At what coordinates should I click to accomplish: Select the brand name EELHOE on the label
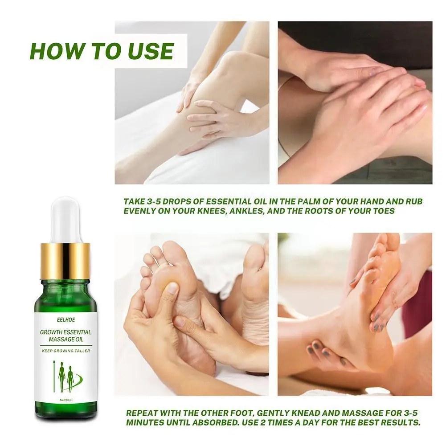pyautogui.click(x=65, y=320)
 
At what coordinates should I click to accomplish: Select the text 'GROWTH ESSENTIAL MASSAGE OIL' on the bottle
pyautogui.click(x=65, y=336)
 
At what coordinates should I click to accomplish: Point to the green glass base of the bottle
pyautogui.click(x=65, y=410)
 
